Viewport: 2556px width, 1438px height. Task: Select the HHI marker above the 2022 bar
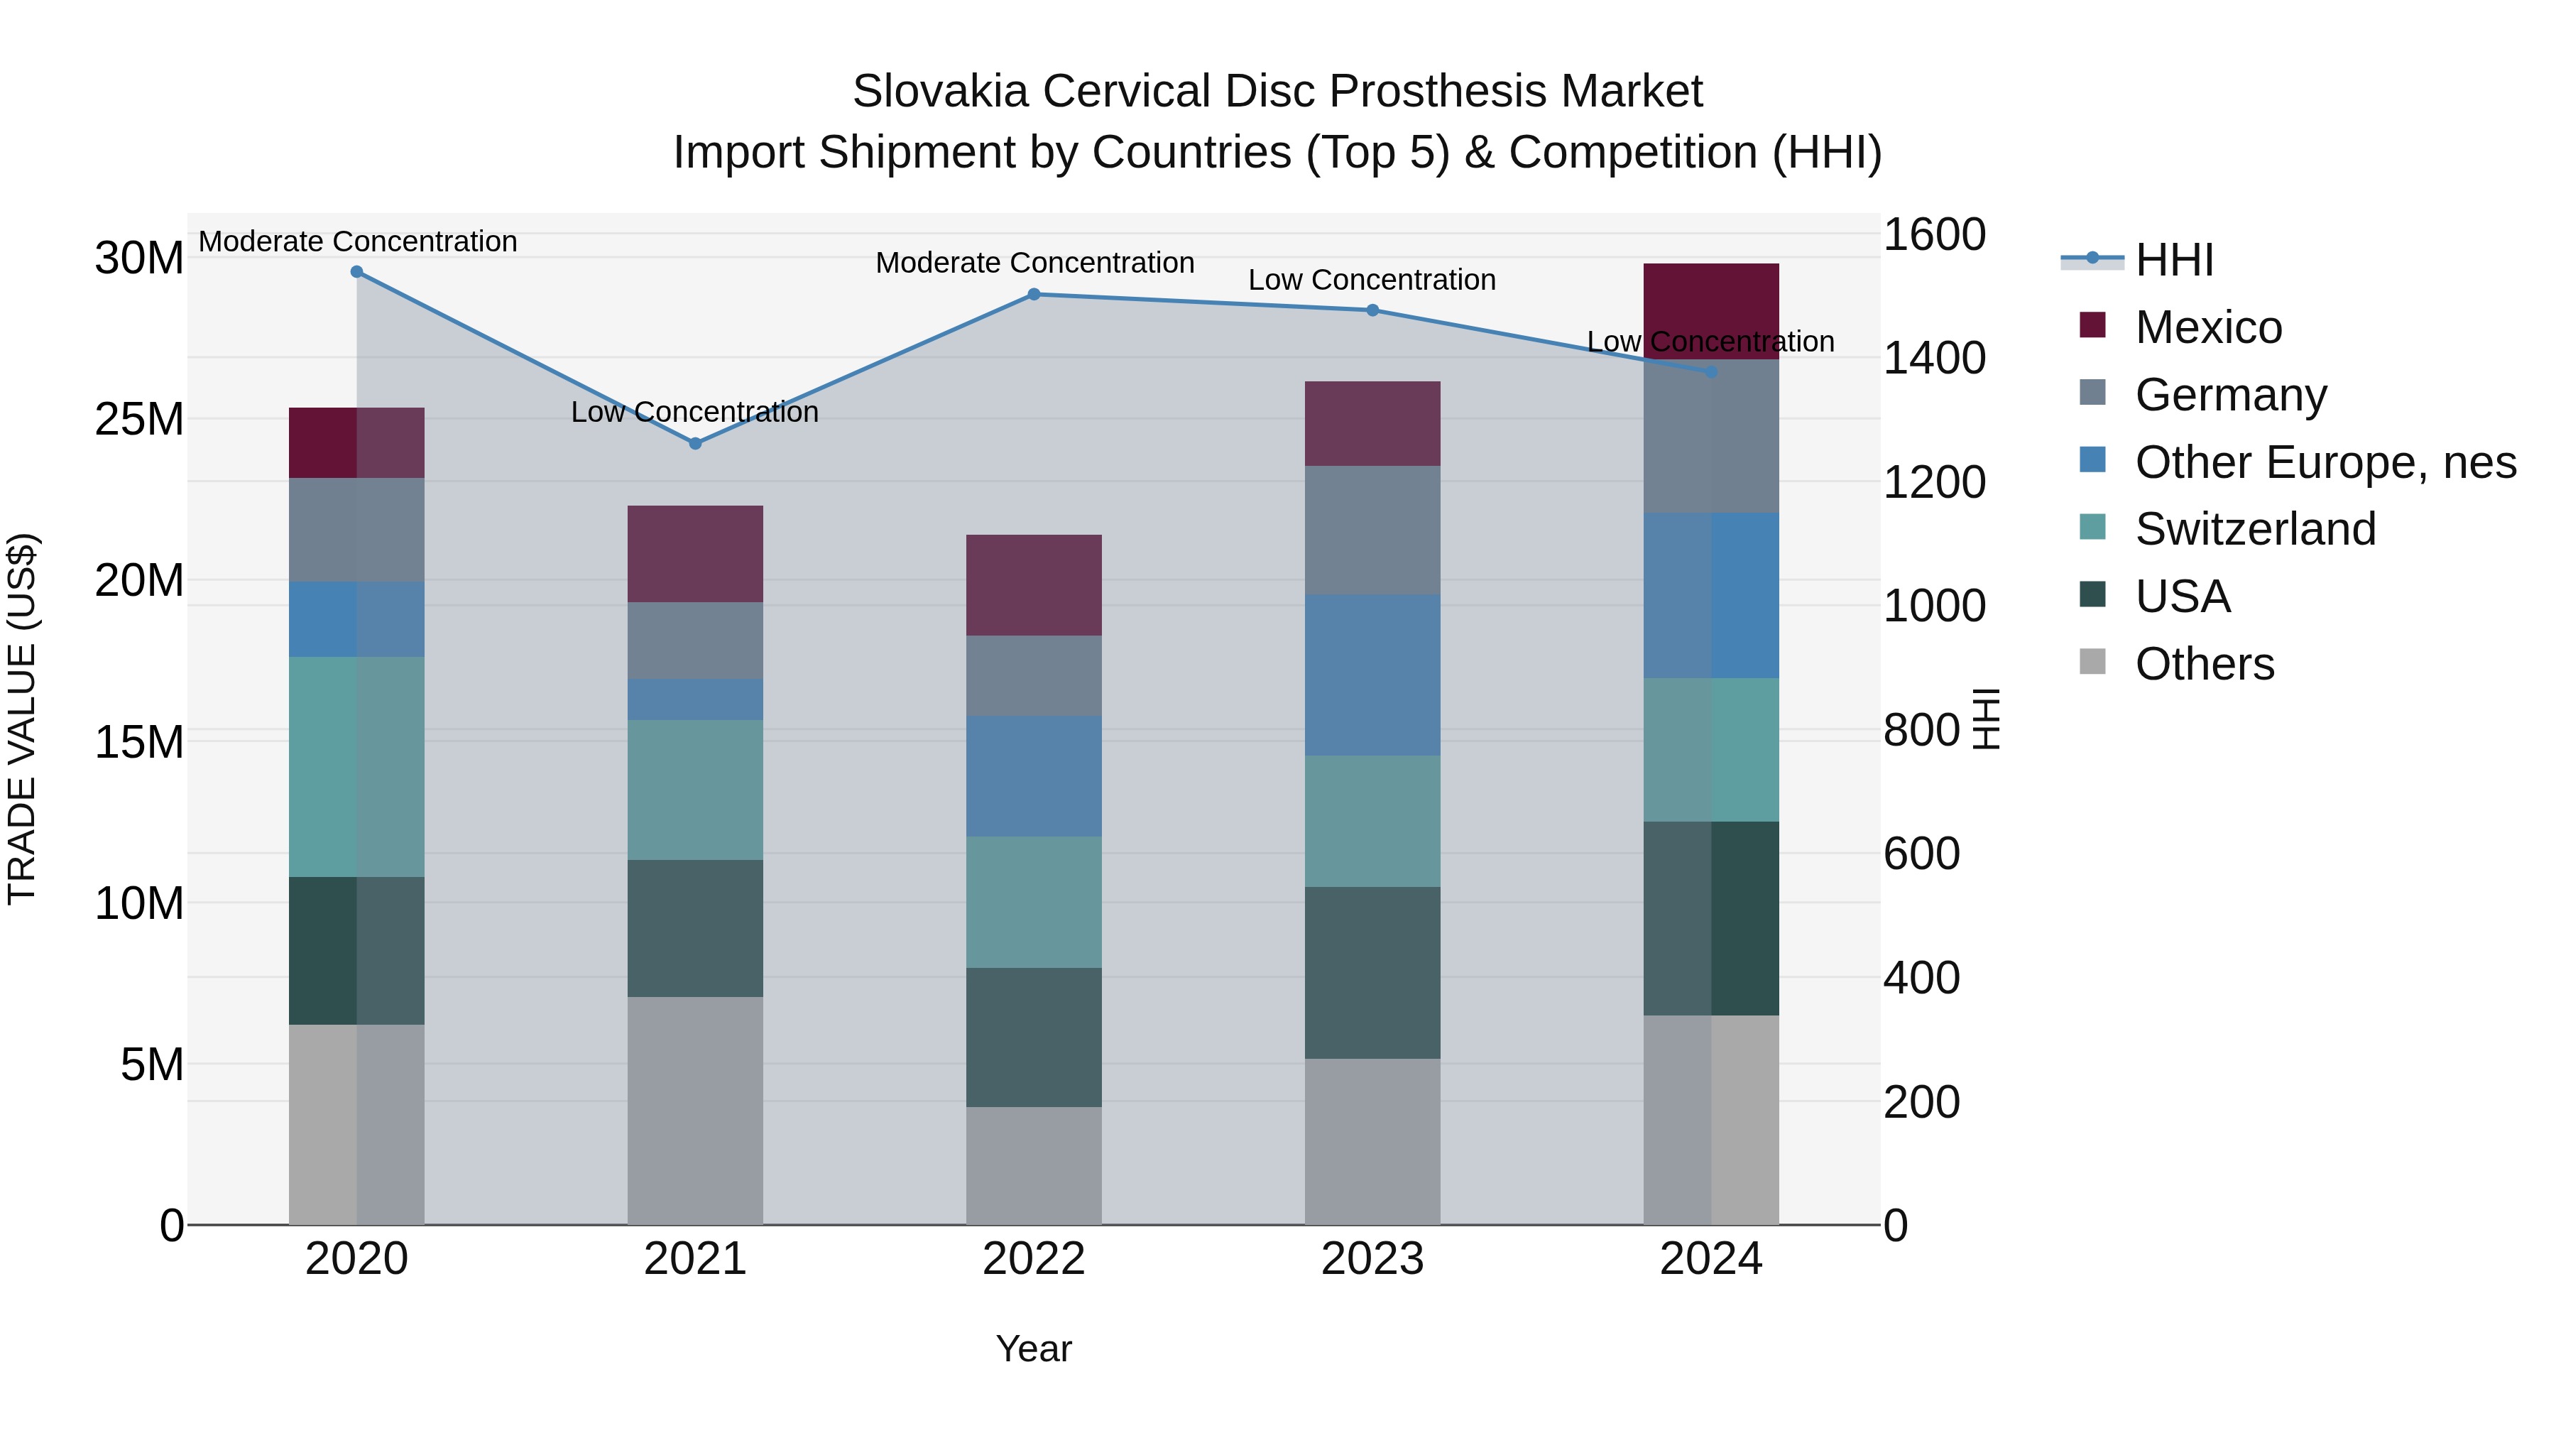(x=1033, y=295)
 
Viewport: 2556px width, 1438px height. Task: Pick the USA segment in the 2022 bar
(x=1033, y=1037)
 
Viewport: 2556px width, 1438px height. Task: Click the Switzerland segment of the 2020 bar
(x=356, y=766)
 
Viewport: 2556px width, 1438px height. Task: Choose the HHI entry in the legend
(x=2173, y=260)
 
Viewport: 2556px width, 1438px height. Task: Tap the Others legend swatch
(x=2092, y=662)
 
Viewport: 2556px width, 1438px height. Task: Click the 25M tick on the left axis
(x=139, y=419)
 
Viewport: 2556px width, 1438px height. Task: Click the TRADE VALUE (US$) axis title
(x=22, y=719)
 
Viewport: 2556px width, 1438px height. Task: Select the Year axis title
(x=1033, y=1349)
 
